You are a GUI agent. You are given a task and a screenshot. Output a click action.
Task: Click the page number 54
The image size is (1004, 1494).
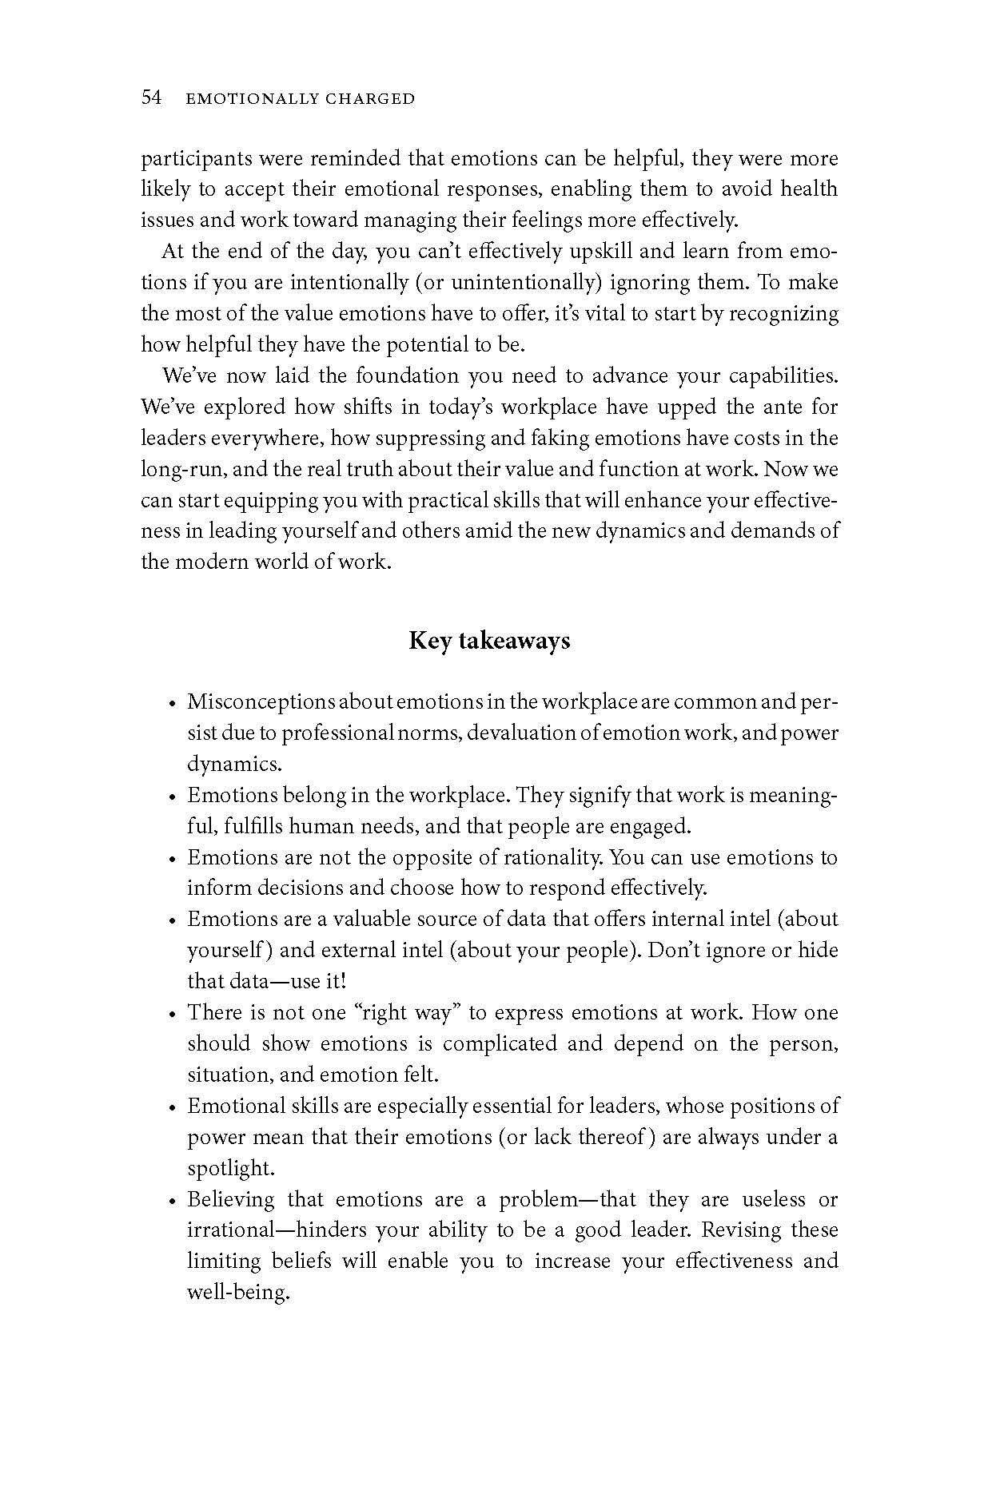point(152,98)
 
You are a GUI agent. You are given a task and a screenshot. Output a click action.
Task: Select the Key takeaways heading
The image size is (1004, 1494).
point(489,641)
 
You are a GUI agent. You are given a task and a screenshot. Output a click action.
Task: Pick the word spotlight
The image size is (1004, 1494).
point(230,1168)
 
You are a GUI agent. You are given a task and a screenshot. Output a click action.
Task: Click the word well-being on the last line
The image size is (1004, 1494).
point(237,1293)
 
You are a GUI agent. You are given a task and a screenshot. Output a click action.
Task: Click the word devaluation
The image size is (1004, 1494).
point(519,733)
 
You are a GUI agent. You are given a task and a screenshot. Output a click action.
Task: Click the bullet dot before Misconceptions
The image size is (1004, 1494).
point(172,704)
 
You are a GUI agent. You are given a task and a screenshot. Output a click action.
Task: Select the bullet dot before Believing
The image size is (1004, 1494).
point(172,1201)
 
